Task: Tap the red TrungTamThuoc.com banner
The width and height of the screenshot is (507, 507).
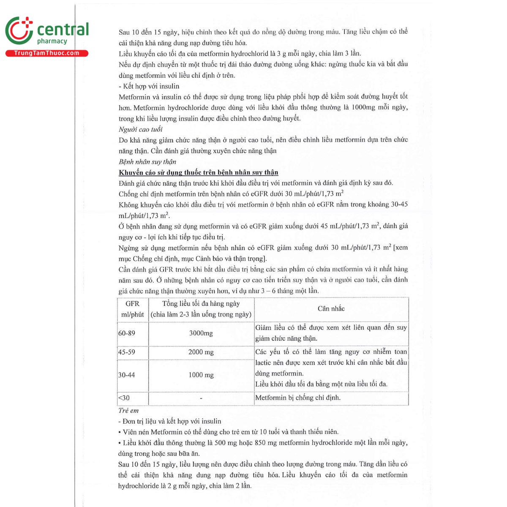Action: click(46, 53)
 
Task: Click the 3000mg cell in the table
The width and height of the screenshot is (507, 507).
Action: click(201, 333)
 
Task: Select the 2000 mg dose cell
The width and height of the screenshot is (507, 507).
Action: click(201, 352)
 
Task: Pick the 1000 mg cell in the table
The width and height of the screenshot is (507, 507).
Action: click(201, 375)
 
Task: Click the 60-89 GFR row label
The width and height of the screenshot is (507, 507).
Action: click(127, 333)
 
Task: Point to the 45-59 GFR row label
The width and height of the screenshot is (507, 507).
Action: click(127, 352)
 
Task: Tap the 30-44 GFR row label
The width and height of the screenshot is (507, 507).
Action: click(127, 375)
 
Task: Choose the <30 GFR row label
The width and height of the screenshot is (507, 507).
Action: click(124, 398)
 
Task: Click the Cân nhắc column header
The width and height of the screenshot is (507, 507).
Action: click(331, 309)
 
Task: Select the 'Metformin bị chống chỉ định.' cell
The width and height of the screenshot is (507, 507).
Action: click(298, 398)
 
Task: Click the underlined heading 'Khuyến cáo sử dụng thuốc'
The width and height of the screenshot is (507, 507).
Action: click(199, 172)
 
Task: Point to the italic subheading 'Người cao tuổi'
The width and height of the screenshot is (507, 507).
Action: click(141, 129)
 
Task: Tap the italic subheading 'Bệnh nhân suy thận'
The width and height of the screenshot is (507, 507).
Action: click(147, 162)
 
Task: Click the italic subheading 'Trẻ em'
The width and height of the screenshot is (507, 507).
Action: click(128, 410)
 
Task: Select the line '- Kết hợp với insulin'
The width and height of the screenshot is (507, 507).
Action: click(149, 86)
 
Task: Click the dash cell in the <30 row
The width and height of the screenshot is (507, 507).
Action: click(201, 398)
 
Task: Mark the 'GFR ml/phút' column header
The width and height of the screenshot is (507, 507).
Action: click(133, 309)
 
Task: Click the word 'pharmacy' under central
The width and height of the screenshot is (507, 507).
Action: click(52, 41)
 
